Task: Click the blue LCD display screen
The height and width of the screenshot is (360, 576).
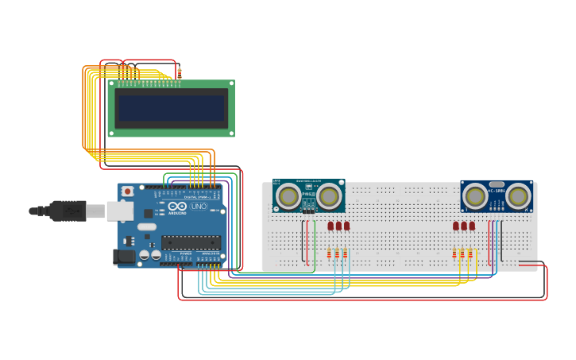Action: (x=172, y=108)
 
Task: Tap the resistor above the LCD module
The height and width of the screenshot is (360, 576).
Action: (x=180, y=72)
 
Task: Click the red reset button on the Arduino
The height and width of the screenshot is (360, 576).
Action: (x=127, y=192)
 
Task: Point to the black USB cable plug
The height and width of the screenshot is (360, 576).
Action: (x=68, y=211)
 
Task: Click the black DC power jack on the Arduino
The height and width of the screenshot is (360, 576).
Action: (x=123, y=257)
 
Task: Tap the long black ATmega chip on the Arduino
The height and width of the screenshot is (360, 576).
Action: (x=191, y=242)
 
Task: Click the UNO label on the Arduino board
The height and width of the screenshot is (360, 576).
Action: (x=199, y=207)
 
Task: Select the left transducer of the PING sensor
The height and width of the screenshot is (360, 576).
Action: (x=288, y=195)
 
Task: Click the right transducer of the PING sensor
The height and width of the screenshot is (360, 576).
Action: (x=329, y=195)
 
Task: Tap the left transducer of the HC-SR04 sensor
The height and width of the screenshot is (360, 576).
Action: (x=475, y=195)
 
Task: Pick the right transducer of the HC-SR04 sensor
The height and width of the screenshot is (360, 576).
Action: (x=518, y=195)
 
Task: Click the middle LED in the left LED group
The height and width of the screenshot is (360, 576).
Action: (x=338, y=226)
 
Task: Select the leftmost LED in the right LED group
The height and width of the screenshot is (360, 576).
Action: (x=456, y=226)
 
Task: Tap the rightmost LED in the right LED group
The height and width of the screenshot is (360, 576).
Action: (x=472, y=226)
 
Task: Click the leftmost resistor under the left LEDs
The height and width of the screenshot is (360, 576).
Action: (x=329, y=254)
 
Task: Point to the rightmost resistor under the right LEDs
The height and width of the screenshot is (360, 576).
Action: (x=470, y=254)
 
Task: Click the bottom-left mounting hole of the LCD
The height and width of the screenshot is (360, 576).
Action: (x=111, y=133)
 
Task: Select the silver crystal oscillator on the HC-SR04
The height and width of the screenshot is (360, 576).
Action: (x=497, y=184)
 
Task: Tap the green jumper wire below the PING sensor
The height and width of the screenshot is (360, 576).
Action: (x=315, y=242)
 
